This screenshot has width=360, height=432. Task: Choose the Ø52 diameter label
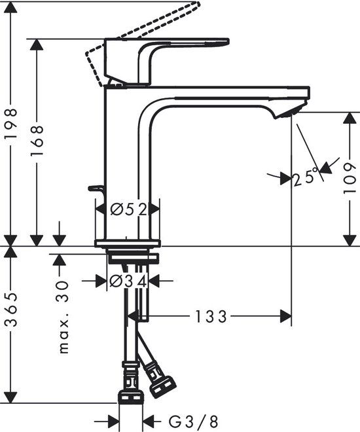tap(128, 209)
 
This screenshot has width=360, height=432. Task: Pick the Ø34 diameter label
tap(128, 281)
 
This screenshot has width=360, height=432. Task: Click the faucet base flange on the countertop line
tap(128, 244)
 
